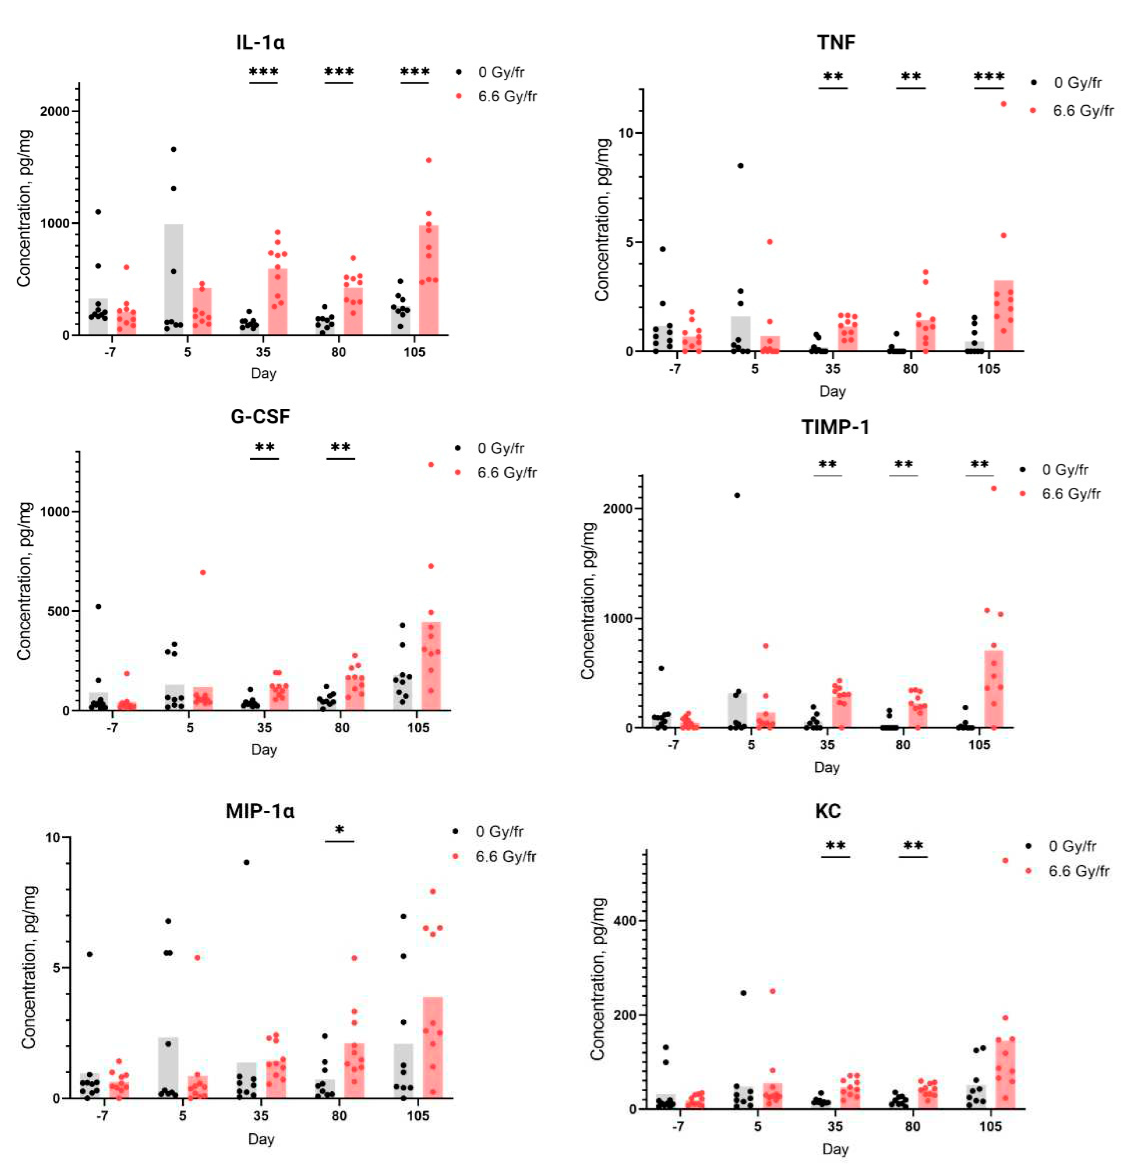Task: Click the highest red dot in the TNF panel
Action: tap(1003, 104)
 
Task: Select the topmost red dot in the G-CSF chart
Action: tap(431, 464)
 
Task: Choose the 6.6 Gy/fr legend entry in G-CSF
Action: tap(507, 473)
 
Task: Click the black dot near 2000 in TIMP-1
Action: tap(737, 495)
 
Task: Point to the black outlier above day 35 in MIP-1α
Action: tap(246, 862)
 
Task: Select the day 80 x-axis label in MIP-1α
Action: tap(339, 1115)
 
